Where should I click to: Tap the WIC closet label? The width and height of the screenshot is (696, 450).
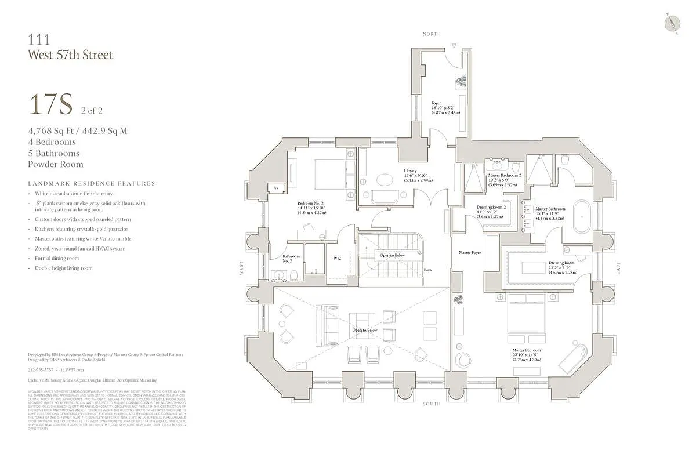(x=337, y=259)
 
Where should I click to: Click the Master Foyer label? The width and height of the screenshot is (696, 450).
(x=470, y=253)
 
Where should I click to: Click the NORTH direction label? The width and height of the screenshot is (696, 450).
(x=431, y=35)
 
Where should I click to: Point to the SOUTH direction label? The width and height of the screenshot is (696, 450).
(x=432, y=404)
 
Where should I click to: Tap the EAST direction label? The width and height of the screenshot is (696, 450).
(x=619, y=268)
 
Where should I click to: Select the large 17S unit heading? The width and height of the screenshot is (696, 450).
(x=50, y=104)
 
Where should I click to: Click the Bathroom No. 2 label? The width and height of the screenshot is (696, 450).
(x=291, y=259)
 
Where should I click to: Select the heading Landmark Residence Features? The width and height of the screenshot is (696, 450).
(x=92, y=183)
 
